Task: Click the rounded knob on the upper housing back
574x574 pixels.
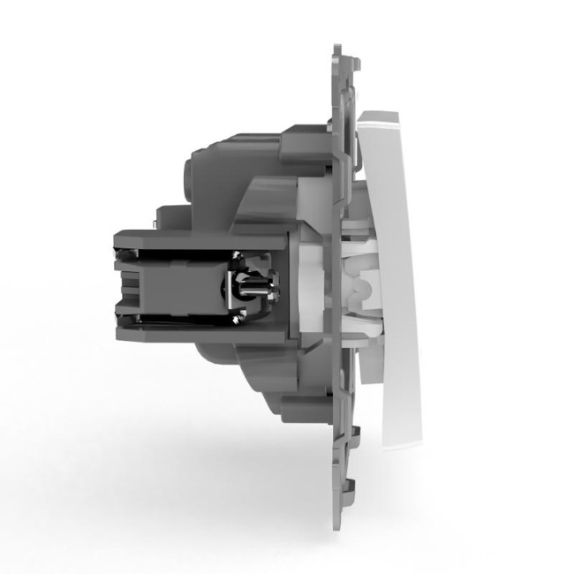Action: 198,168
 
